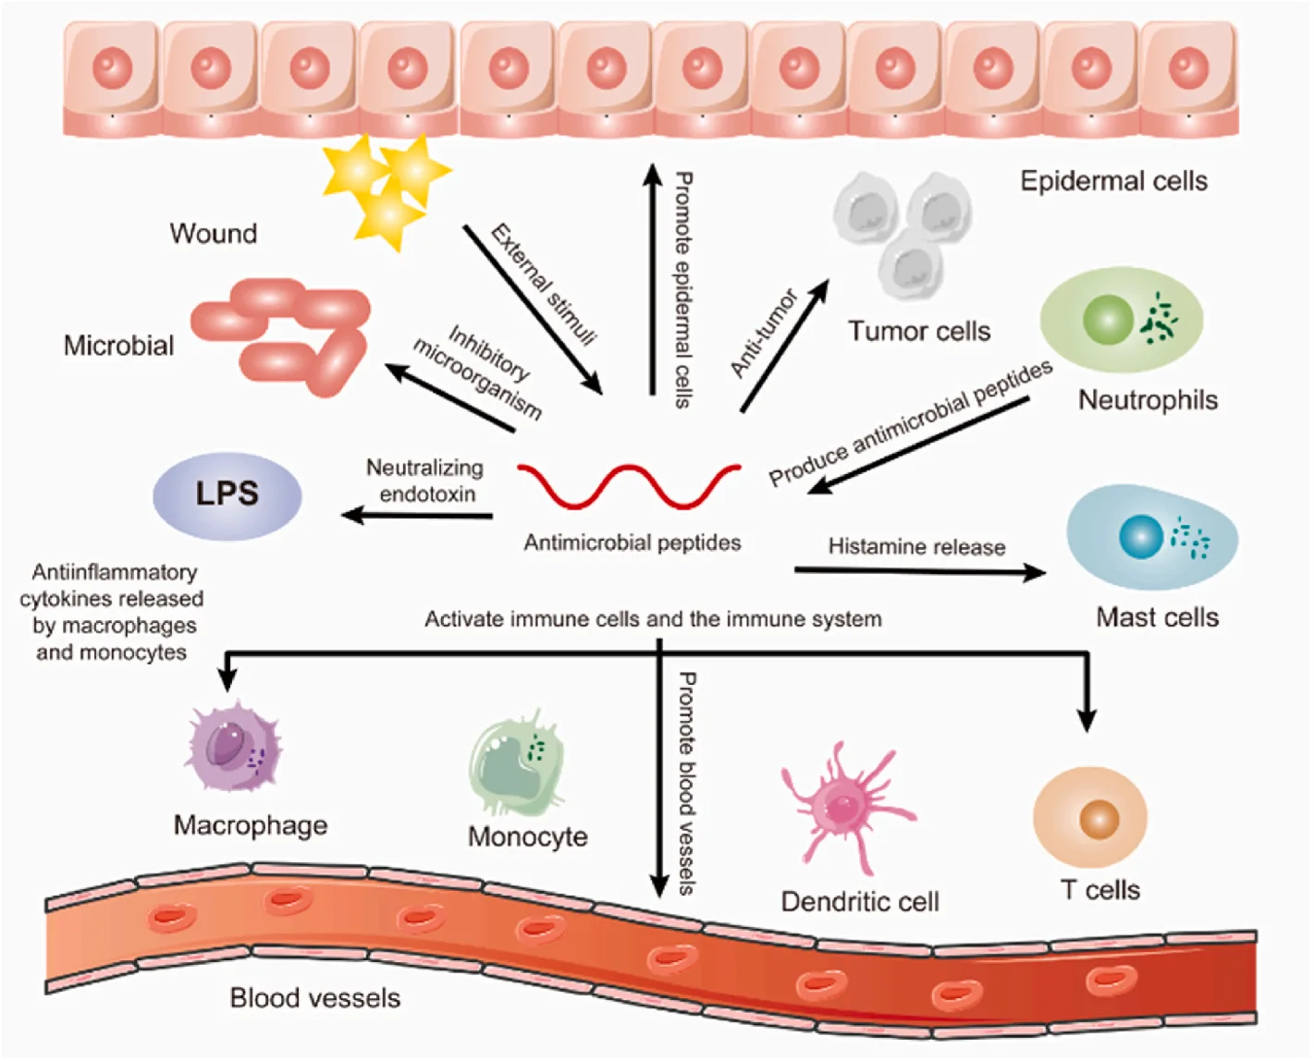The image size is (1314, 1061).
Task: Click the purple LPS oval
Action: [227, 494]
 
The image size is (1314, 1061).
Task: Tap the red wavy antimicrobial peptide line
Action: [629, 485]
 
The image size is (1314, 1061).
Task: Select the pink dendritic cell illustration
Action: [843, 807]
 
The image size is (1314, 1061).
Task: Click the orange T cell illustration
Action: [1090, 818]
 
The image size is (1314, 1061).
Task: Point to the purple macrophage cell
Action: [233, 747]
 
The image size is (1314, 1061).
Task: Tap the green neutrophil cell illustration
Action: [1121, 319]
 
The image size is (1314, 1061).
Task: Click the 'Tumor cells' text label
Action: [919, 331]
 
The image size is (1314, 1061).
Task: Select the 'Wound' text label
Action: [213, 233]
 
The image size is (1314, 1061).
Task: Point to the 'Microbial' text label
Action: [118, 346]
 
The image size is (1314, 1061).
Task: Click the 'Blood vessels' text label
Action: [314, 998]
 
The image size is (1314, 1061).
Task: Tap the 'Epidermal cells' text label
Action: [1113, 181]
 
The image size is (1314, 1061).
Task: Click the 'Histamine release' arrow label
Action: [916, 547]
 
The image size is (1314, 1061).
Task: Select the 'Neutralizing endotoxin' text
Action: [425, 481]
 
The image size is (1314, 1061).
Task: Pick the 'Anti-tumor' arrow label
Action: [764, 333]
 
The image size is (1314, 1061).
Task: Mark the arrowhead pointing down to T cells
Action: [1087, 720]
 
